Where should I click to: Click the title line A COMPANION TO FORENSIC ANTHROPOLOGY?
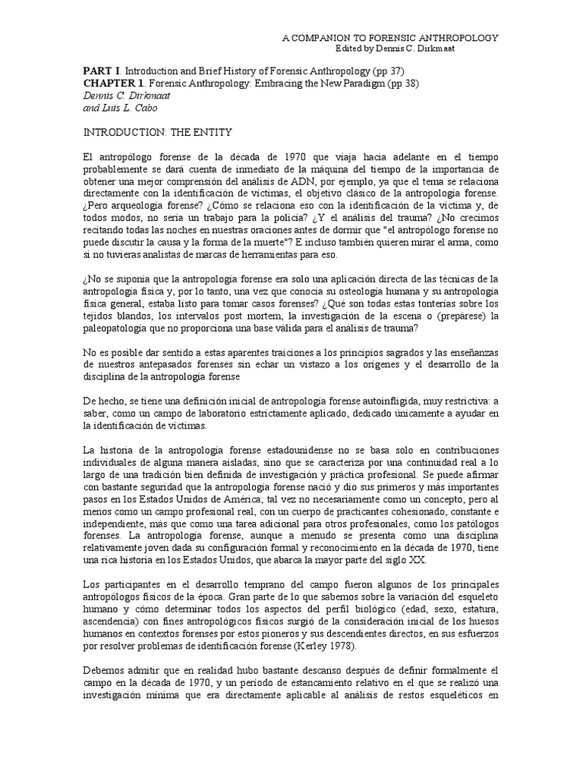pyautogui.click(x=390, y=37)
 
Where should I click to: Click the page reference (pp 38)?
pyautogui.click(x=402, y=83)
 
